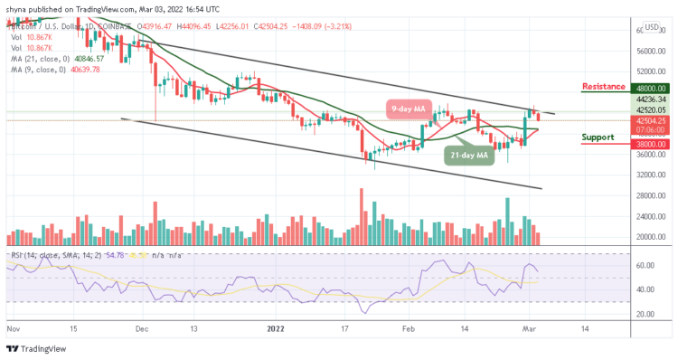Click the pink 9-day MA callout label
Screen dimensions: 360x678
point(408,109)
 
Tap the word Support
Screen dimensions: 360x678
point(598,137)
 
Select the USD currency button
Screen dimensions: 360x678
point(651,26)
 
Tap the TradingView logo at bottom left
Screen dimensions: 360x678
point(36,348)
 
